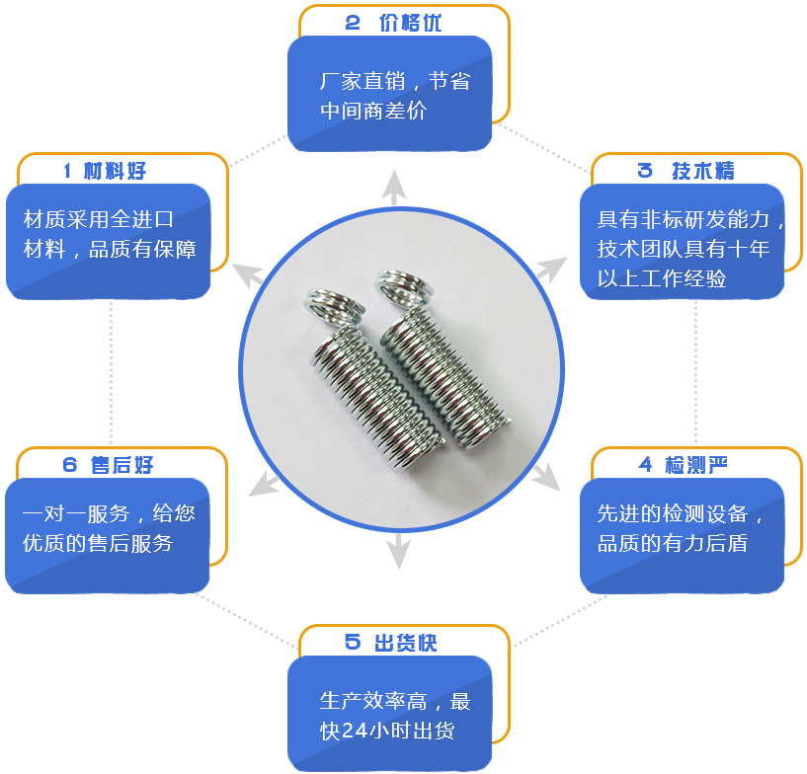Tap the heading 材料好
coord(115,171)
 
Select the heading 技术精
coord(703,171)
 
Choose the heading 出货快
coord(405,643)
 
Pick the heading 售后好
coord(121,465)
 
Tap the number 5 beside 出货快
coord(353,643)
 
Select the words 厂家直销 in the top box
coord(359,81)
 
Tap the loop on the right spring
coord(405,286)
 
